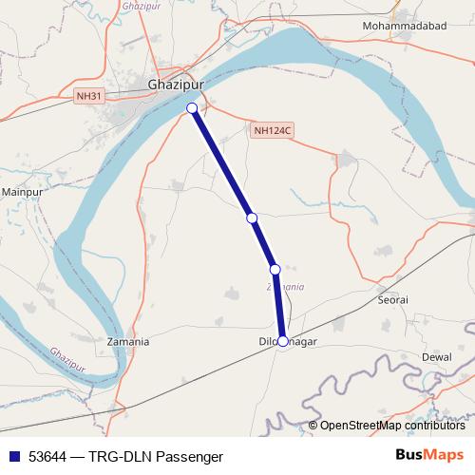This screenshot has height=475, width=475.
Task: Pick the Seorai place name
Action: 392,299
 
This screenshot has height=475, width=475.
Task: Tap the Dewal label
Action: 436,356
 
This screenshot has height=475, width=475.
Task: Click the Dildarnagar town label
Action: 287,341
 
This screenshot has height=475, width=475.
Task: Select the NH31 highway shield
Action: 87,95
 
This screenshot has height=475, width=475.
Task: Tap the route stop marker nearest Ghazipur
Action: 192,108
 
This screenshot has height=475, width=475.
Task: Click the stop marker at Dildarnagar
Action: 282,341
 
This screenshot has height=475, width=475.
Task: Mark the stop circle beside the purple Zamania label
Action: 275,270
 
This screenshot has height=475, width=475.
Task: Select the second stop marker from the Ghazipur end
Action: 252,218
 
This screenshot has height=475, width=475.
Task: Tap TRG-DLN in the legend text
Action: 121,455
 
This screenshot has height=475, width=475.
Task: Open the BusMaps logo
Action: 429,454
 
